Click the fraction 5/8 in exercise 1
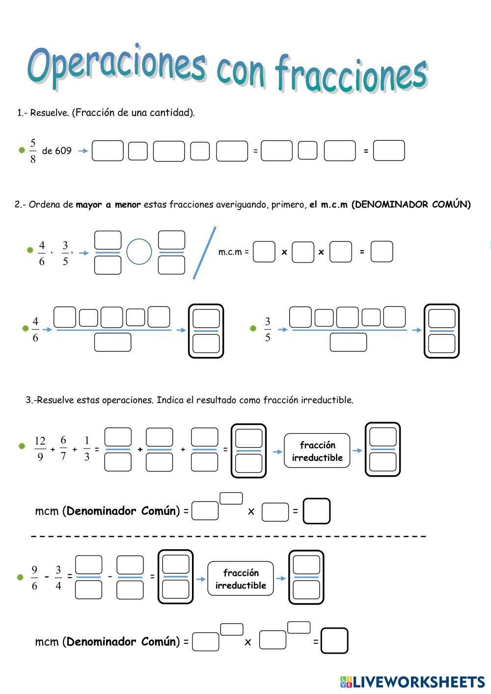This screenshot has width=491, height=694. [33, 151]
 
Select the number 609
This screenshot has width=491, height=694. [63, 151]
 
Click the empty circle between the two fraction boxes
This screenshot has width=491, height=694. [139, 252]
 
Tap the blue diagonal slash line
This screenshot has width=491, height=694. [205, 252]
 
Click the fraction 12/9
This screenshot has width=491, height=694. [40, 449]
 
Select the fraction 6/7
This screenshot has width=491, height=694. [63, 449]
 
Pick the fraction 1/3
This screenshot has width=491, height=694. [87, 449]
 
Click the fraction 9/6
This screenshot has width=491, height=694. [34, 578]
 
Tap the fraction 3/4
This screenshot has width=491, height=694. [58, 578]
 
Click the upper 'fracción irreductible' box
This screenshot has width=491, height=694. [317, 451]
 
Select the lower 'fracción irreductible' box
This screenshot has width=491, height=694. [241, 579]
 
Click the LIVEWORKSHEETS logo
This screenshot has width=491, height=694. [412, 682]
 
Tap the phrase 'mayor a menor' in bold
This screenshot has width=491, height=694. [108, 205]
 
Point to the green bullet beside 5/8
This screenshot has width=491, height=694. [22, 150]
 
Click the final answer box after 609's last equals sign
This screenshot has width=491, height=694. [389, 151]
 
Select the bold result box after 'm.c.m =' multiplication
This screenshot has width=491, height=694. [382, 252]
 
